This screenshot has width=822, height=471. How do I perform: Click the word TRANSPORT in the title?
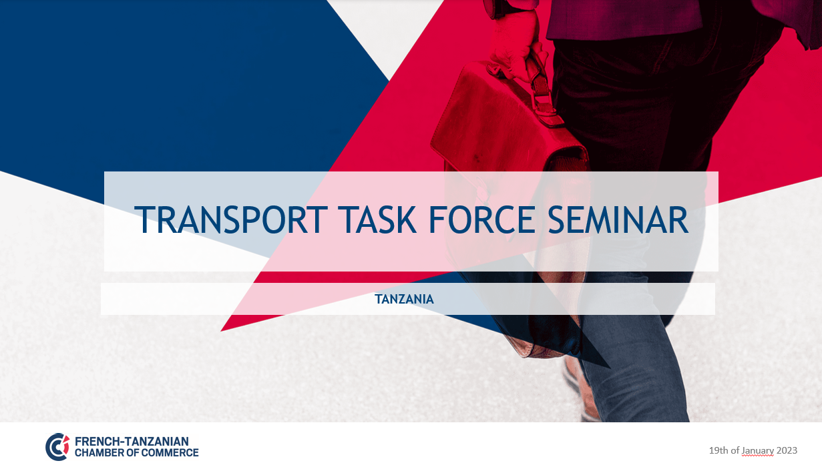click(231, 219)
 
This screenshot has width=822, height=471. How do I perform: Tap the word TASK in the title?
click(378, 219)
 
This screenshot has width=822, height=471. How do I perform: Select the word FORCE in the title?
click(481, 219)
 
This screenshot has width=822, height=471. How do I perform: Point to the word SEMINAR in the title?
click(618, 219)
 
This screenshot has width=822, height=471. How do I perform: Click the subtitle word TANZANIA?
click(404, 299)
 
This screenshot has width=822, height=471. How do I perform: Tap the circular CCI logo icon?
click(57, 447)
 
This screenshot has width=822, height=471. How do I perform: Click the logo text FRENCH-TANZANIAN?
click(132, 441)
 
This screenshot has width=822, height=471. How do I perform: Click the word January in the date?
click(757, 450)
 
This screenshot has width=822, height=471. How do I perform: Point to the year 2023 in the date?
click(787, 450)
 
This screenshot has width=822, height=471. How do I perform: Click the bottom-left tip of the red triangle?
click(220, 331)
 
